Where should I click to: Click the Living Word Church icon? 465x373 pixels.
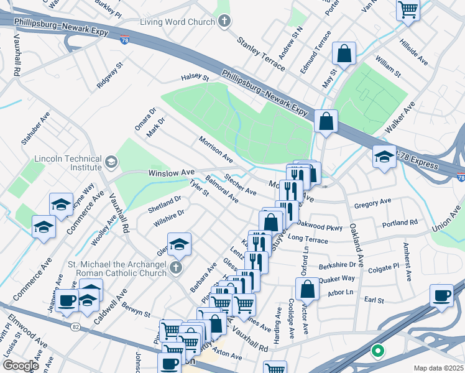point(225,22)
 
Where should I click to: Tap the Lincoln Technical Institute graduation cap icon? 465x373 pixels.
point(111,163)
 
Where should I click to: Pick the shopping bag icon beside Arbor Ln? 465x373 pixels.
point(308,288)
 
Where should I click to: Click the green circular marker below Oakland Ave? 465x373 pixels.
point(377,352)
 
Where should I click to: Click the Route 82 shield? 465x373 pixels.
point(74,327)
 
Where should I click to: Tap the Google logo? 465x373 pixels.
point(20,366)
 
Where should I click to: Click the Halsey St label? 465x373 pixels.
point(195,77)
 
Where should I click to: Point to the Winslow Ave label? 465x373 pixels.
point(171,172)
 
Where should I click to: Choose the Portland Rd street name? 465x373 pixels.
point(400,223)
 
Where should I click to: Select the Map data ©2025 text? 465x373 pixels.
point(438,368)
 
